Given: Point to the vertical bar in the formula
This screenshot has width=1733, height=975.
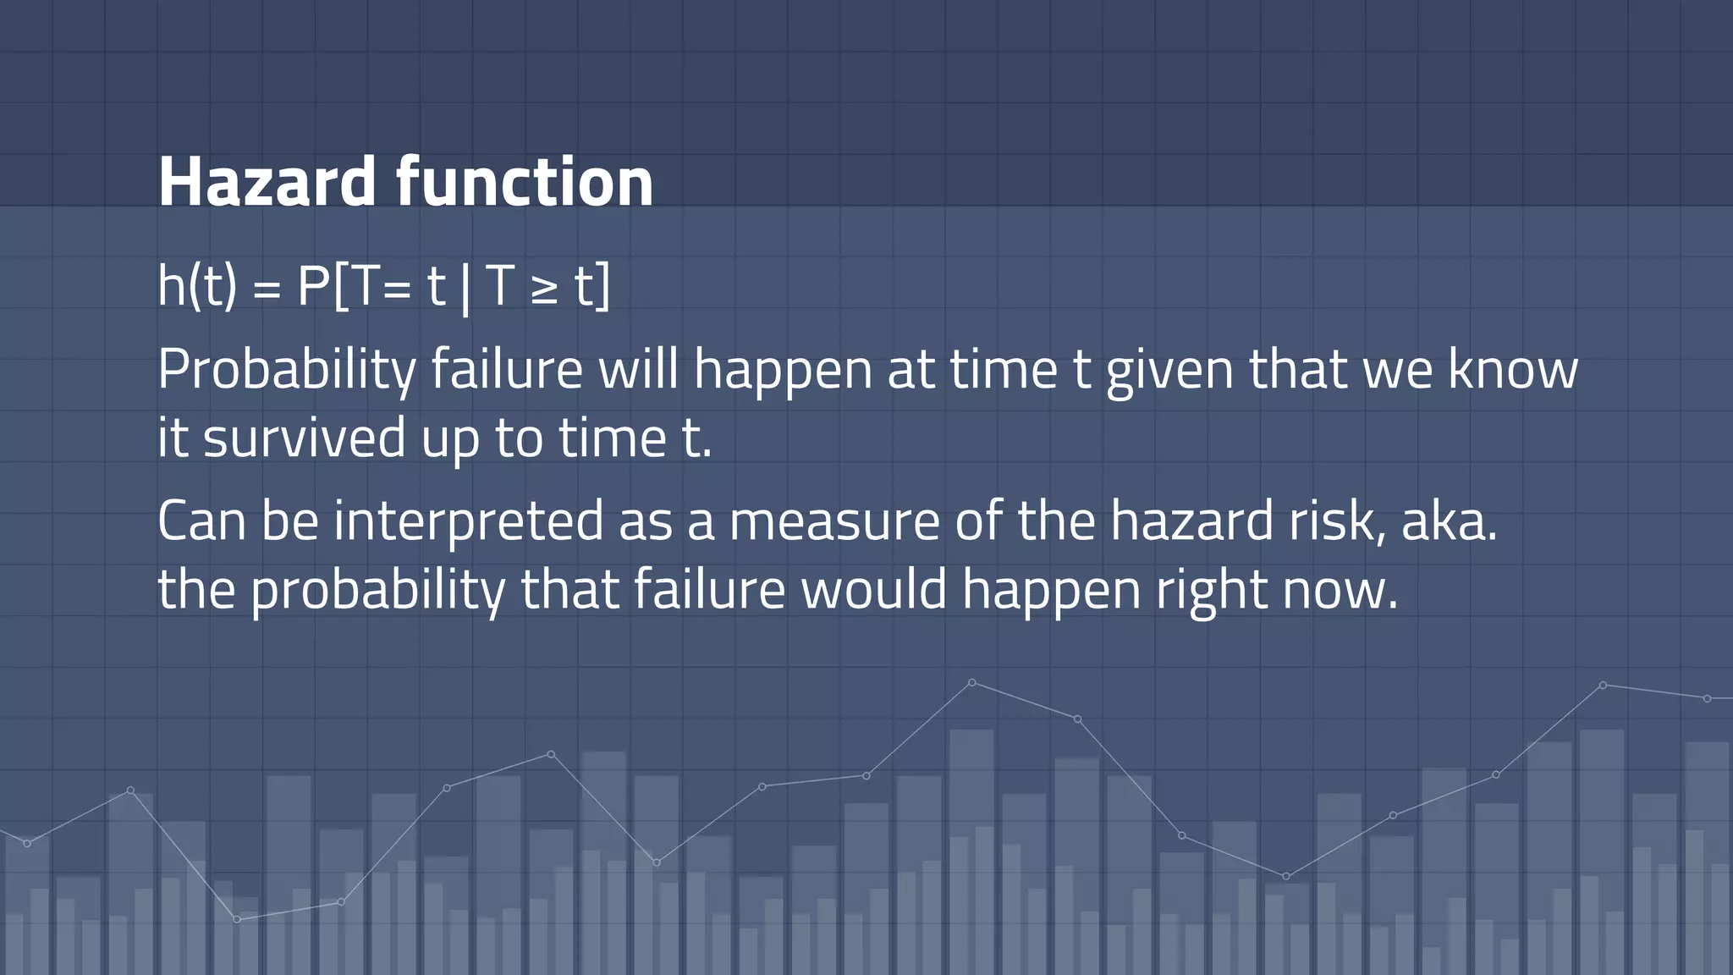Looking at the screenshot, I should point(465,288).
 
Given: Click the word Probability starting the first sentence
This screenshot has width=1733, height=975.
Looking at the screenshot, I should point(287,370).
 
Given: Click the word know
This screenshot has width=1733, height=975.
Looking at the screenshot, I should point(1512,370).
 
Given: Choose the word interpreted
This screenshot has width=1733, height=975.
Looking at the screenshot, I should point(468,521).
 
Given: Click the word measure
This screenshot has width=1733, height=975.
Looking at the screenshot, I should point(834,521).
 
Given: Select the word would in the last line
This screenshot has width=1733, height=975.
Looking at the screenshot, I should point(873,589).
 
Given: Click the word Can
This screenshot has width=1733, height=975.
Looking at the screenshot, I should point(201,520).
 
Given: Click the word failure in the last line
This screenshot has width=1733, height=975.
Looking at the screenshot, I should point(709,589).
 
